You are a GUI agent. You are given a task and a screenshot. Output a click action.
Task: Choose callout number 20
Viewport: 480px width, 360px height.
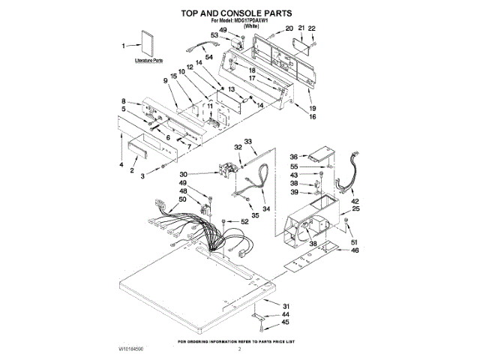[289, 28]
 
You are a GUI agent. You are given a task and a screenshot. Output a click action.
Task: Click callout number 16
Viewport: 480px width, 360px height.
[312, 117]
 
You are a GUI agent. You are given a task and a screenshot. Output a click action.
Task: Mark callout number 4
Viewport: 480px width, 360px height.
[122, 163]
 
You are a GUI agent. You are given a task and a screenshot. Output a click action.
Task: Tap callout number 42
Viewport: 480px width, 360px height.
[355, 200]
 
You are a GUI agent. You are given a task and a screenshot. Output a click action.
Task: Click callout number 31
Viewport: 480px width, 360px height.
[285, 305]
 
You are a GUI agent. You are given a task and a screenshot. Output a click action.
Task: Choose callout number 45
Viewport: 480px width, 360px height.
[285, 322]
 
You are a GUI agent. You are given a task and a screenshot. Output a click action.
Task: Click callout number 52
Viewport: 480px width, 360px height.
[244, 221]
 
